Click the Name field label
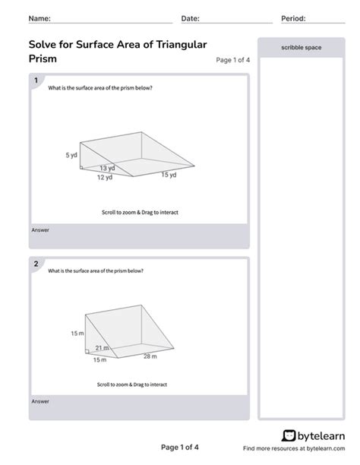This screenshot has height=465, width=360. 40,18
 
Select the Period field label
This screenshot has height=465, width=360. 293,18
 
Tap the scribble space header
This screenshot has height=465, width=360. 302,47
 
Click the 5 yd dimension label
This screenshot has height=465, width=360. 71,154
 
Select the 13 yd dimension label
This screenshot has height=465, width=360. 107,168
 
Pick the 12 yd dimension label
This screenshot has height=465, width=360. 104,177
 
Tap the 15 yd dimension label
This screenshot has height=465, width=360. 168,175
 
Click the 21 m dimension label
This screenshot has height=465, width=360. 102,348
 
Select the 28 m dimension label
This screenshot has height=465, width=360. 149,356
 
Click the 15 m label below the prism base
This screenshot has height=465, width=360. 99,359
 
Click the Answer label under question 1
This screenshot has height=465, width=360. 39,229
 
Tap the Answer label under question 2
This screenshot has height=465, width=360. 39,400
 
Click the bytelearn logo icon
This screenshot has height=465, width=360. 289,435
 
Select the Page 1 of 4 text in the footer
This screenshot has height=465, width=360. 180,447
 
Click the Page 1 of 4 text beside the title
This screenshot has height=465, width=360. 232,60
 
